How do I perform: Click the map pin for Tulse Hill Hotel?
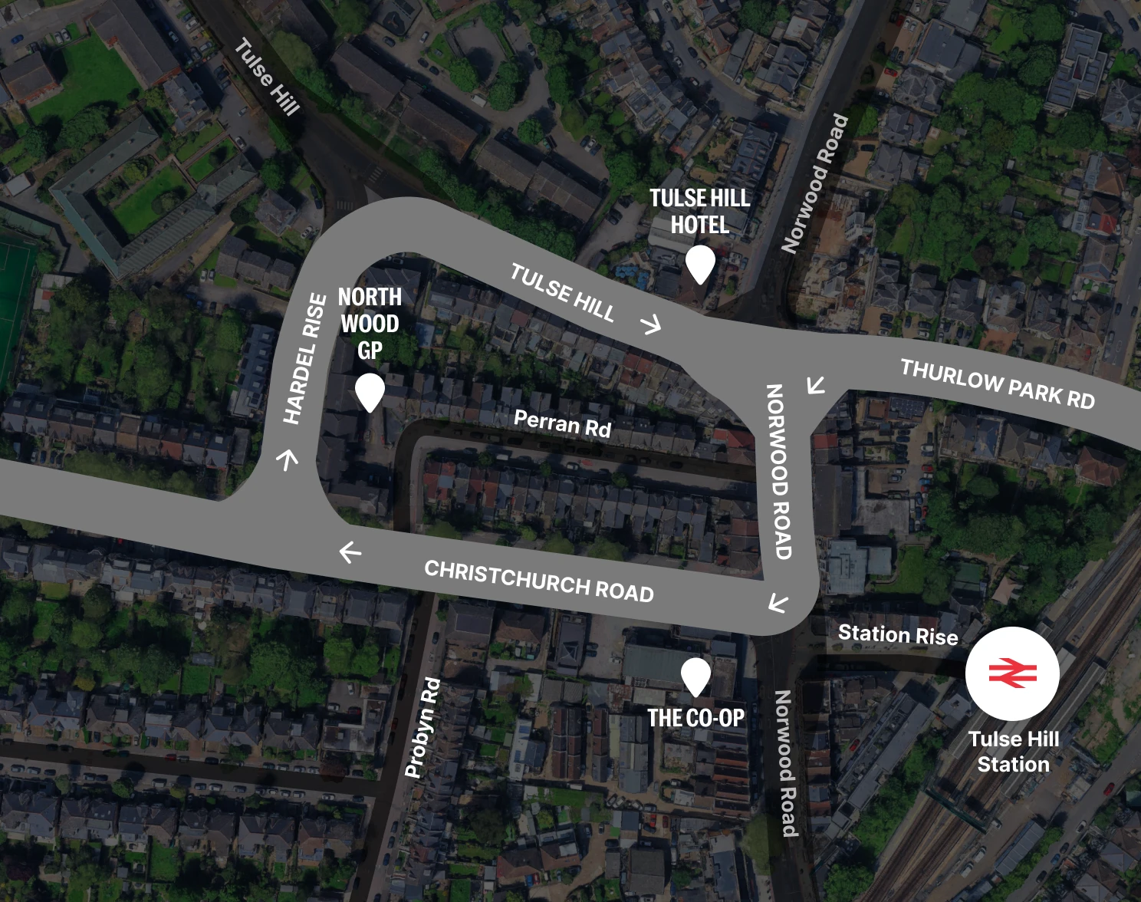coord(700,263)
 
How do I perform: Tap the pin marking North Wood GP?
coord(370,391)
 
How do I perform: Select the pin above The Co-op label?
coord(695,676)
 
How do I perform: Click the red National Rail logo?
coord(1012,673)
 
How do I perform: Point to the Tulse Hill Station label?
coord(1013,752)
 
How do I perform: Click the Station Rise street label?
coord(897,634)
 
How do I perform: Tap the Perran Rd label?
coord(562,423)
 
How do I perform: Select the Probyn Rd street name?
coord(423,726)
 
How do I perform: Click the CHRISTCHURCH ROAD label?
coord(538,581)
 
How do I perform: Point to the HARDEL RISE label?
coord(304,358)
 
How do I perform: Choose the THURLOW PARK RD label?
coord(997,384)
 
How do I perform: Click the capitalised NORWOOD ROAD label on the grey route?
coord(778,471)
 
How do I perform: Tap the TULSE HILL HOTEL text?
coord(699,211)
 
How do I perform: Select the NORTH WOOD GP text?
coord(370,323)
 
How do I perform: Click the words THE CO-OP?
coord(695,718)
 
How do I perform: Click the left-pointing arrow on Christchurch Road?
coord(350,551)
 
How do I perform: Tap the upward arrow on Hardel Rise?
coord(288,459)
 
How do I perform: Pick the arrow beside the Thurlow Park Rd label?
coord(816,384)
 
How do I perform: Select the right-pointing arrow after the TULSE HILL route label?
coord(651,324)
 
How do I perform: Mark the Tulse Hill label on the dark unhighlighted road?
coord(266,77)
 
